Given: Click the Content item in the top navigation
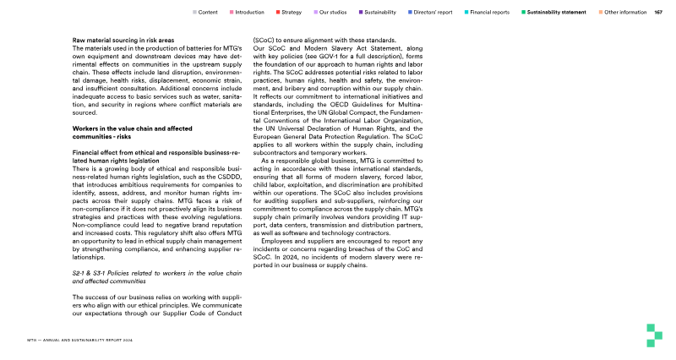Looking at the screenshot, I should point(208,13).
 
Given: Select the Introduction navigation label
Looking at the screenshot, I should point(249,13).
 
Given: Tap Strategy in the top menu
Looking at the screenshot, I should point(292,13).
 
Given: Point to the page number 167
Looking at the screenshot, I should point(658,13).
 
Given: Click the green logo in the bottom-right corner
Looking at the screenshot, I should point(655,335).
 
